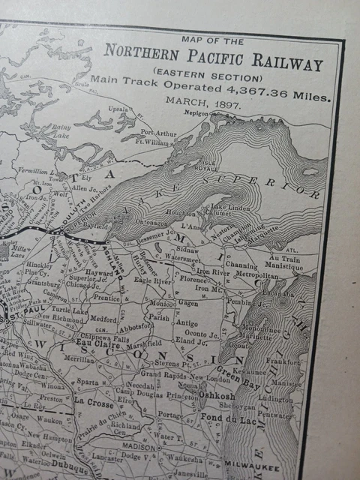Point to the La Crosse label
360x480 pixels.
(94, 402)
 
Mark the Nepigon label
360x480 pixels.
(202, 113)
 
